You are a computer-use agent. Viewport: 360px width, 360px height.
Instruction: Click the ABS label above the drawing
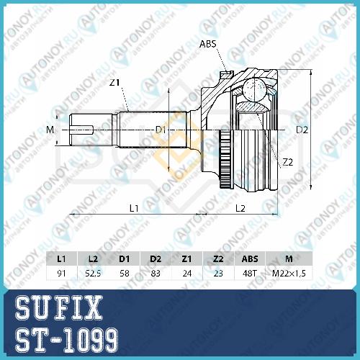click(208, 44)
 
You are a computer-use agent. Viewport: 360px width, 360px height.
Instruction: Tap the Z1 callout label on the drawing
click(114, 83)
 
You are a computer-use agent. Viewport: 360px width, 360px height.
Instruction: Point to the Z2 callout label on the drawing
click(288, 162)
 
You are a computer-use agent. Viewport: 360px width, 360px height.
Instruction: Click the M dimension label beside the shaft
click(50, 130)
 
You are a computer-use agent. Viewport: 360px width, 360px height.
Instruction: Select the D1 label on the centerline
click(161, 130)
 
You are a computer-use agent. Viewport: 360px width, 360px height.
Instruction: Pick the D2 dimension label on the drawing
click(302, 130)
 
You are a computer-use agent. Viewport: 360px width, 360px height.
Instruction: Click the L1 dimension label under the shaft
click(134, 208)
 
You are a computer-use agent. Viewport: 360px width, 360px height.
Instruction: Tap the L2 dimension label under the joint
click(240, 208)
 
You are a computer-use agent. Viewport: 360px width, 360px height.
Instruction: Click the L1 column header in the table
click(61, 258)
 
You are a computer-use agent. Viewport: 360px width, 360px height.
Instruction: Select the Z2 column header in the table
click(218, 258)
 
